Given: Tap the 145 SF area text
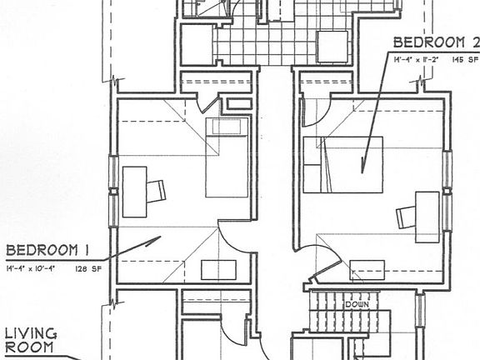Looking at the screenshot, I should point(465,59).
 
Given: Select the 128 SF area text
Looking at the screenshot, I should point(87,269).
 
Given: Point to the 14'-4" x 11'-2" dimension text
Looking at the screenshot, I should point(419,59).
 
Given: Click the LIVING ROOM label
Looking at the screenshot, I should point(31,341).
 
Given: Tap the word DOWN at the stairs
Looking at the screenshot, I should point(357,304).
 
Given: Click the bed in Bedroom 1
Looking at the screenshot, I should point(227,157).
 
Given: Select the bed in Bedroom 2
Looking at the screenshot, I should point(342,164).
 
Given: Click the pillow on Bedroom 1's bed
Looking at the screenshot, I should point(227,127).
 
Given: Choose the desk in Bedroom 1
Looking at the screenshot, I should point(134,191).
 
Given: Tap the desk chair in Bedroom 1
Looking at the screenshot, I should point(156,191).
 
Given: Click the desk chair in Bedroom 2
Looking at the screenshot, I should point(406,217).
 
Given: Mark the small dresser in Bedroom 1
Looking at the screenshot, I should point(218,270).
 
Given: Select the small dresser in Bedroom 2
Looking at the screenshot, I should point(367,270).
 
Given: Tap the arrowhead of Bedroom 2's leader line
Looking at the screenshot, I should point(364,167).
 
